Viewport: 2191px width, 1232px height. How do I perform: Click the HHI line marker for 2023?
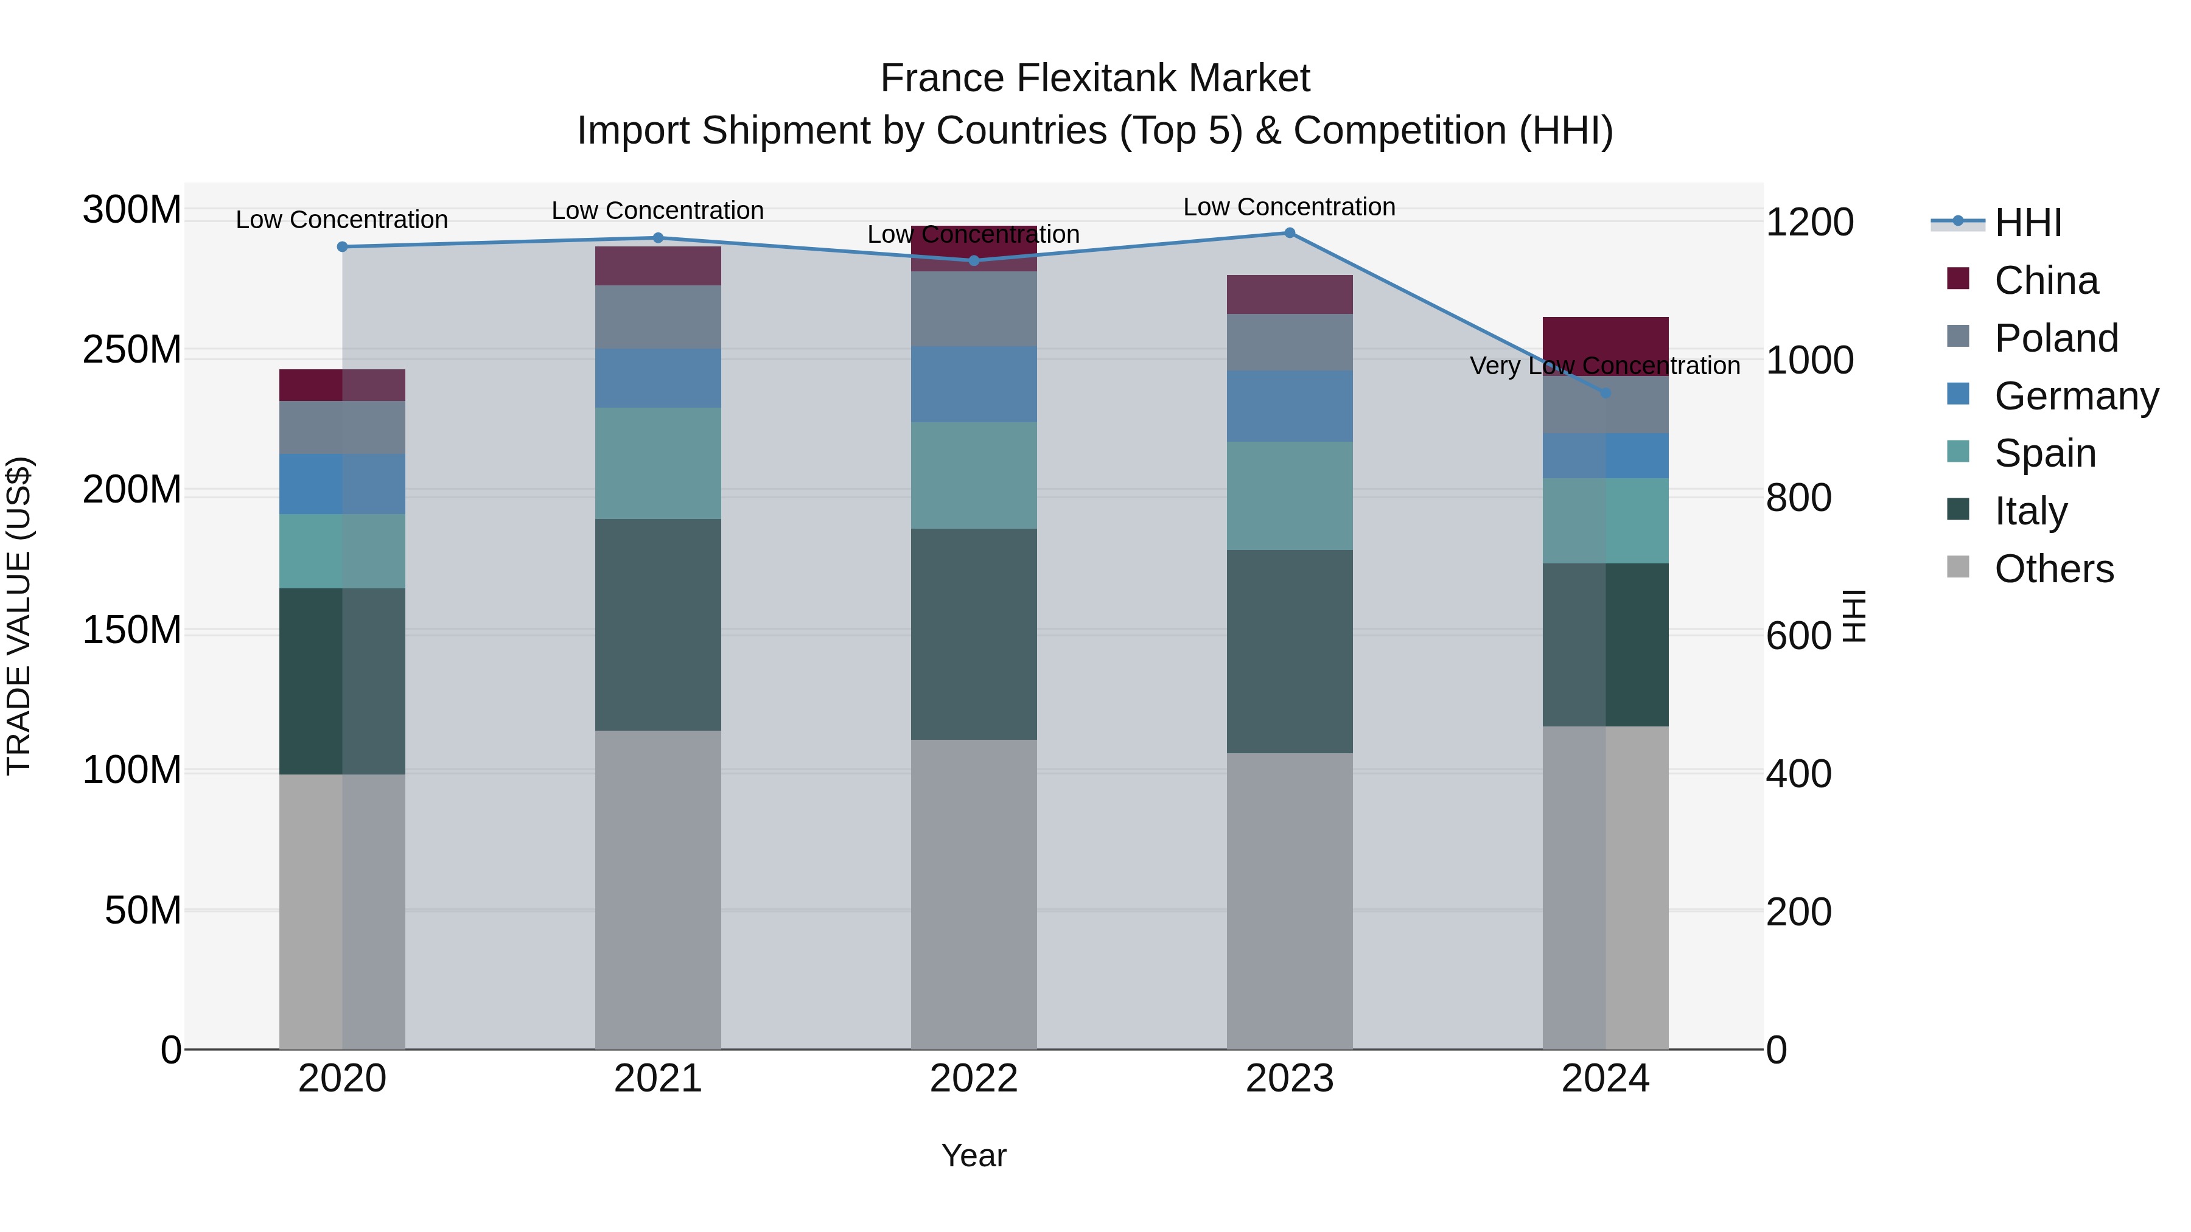point(1290,233)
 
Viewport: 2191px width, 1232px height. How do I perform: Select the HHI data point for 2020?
point(342,246)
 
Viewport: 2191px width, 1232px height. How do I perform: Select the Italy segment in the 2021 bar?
point(657,625)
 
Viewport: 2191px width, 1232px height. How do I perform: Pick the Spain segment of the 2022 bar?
point(974,476)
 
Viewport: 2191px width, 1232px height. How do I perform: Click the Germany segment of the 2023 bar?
point(1290,406)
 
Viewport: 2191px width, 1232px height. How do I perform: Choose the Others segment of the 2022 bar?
point(974,893)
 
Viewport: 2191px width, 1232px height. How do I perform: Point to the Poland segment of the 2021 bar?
point(657,317)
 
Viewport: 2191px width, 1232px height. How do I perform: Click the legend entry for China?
point(2046,280)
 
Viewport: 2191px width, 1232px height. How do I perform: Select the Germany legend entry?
point(2075,396)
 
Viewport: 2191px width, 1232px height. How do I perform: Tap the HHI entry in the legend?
point(2028,223)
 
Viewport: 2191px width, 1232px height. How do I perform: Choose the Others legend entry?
point(2053,569)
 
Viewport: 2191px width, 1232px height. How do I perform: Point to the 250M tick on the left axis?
point(132,350)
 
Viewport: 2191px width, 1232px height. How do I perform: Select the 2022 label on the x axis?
point(974,1079)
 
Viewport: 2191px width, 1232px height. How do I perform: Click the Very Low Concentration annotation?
point(1605,366)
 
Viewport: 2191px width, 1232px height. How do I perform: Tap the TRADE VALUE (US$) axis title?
point(19,616)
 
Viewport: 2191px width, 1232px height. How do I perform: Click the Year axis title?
point(974,1155)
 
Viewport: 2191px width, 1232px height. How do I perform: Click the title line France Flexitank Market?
point(1095,78)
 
